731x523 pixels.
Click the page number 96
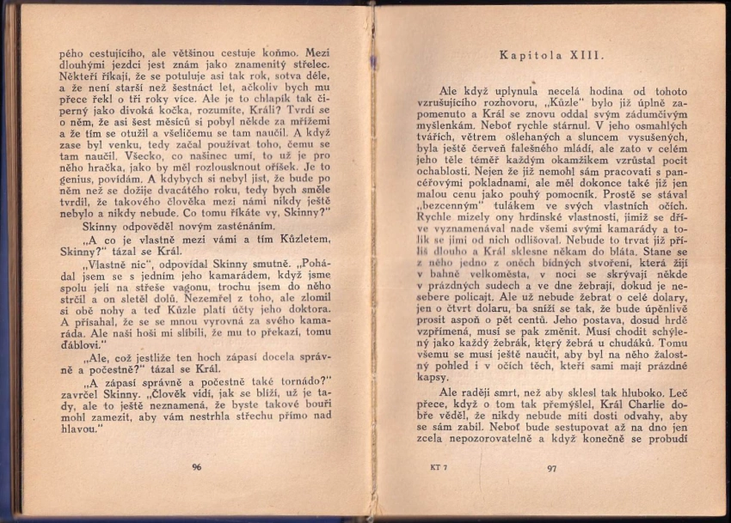(197, 466)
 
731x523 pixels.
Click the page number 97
(551, 468)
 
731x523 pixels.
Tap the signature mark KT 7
(439, 468)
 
